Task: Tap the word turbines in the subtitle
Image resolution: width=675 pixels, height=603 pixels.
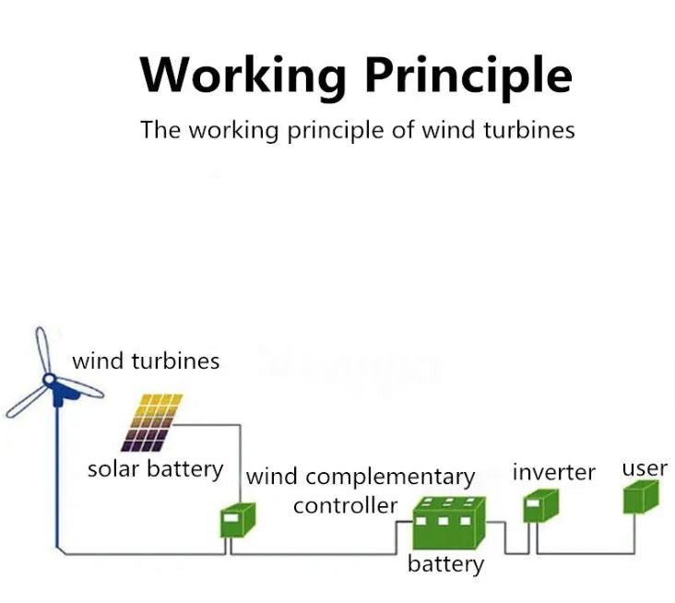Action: [x=528, y=130]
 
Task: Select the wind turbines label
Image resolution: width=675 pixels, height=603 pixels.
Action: [x=146, y=361]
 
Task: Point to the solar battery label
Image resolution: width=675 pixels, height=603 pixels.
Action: [x=155, y=469]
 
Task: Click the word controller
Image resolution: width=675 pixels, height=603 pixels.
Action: [x=346, y=505]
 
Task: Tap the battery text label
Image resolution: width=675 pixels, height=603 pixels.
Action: [x=445, y=562]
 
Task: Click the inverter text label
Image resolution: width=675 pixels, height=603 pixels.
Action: [x=553, y=472]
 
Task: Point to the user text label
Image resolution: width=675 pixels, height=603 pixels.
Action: [x=644, y=467]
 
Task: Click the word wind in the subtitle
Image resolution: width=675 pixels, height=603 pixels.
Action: [x=447, y=130]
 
